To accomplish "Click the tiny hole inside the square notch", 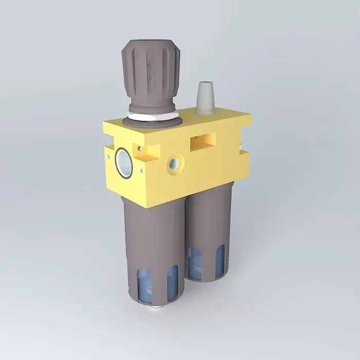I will (140, 149).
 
